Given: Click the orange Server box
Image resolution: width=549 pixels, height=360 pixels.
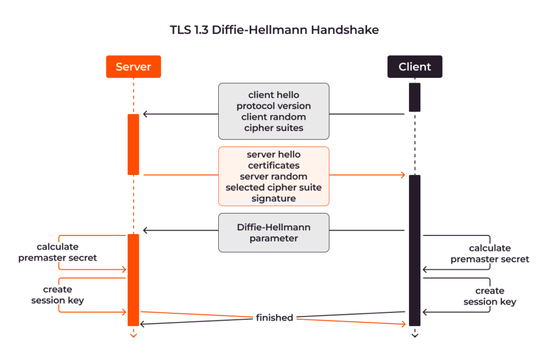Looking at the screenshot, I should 133,67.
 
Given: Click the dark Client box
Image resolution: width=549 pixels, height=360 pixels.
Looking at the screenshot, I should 414,67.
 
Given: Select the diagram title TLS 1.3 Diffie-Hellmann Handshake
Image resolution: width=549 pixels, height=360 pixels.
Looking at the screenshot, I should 274,30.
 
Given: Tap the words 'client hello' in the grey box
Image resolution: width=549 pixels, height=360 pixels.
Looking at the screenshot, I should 273,95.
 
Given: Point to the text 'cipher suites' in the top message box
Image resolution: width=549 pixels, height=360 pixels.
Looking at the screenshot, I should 273,128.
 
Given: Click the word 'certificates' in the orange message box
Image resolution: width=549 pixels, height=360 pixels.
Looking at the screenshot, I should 273,165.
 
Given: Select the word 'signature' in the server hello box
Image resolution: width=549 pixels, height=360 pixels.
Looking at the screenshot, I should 273,199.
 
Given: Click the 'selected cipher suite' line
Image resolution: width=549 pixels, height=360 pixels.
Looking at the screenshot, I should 273,187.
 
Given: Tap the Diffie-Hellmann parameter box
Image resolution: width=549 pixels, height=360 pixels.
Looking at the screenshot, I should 273,233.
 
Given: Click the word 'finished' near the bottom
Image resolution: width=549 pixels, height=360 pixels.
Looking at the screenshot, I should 274,318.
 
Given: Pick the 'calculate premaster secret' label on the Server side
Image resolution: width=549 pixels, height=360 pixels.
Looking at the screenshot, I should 57,252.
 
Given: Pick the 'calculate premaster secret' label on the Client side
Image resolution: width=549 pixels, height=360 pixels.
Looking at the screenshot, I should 489,253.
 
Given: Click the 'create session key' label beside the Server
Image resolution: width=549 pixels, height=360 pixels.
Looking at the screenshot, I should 57,295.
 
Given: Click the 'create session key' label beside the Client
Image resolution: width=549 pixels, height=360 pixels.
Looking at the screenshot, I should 489,296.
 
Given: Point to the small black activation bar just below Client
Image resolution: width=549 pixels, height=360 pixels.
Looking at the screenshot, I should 414,97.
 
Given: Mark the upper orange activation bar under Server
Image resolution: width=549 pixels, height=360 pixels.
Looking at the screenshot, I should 133,144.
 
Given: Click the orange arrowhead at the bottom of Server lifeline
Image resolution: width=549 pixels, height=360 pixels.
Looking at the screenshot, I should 133,336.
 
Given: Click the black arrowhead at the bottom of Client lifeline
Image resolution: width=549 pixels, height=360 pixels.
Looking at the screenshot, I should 414,336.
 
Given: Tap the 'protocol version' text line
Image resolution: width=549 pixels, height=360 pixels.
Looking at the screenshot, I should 273,106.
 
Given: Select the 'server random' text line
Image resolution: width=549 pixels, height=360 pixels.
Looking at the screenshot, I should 273,177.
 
